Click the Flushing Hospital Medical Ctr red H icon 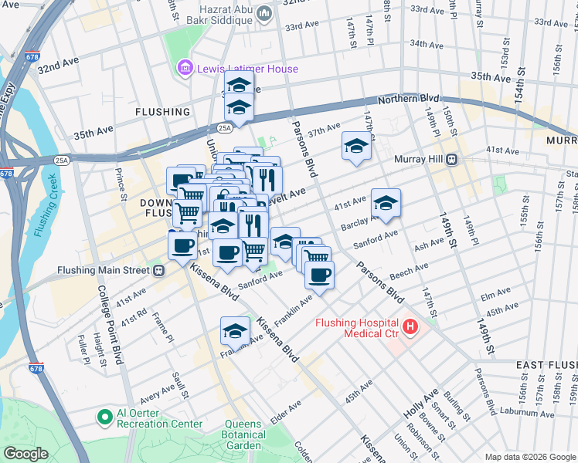tap(410, 327)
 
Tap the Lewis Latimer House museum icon tap(185, 69)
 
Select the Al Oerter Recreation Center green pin tap(104, 417)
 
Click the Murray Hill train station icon tap(453, 159)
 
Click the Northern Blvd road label tap(408, 99)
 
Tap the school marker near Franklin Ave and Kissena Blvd tap(235, 331)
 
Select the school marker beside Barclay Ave tap(386, 203)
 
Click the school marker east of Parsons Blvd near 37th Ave tap(356, 145)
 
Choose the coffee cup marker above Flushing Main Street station tap(182, 246)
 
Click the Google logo tap(26, 454)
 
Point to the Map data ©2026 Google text tap(529, 457)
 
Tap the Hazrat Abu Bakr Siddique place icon tap(263, 13)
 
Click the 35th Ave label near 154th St tap(491, 77)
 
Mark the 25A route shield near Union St tap(224, 128)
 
